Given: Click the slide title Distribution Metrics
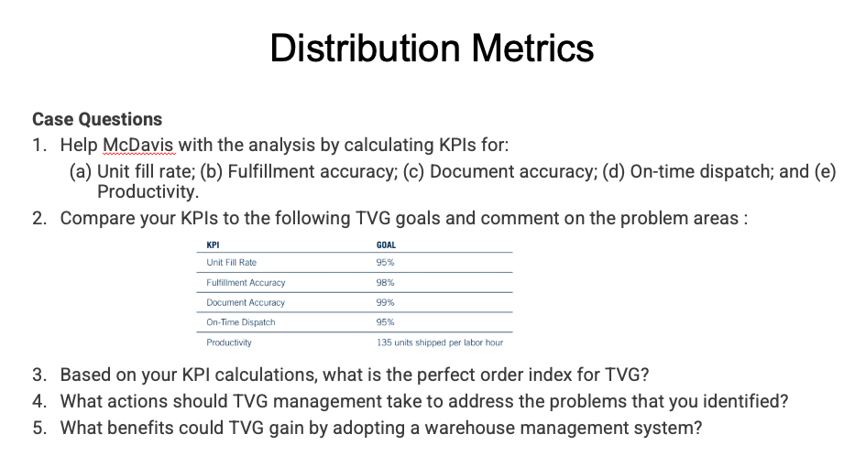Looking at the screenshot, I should pos(432,48).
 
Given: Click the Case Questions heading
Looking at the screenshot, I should pos(97,119).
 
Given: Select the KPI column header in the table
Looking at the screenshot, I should pos(213,244).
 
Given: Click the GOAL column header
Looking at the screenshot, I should pos(386,244).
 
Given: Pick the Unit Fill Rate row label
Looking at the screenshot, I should pos(232,263).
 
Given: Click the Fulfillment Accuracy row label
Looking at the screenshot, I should pos(246,283).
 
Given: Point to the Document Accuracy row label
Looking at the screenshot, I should pos(246,302).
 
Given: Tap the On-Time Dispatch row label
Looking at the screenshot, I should pos(241,322).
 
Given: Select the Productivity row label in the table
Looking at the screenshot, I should pos(229,342).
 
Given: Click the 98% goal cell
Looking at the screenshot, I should pos(385,283).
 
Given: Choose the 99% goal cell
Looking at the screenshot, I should pos(385,302).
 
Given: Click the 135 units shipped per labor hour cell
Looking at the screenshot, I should pos(439,342).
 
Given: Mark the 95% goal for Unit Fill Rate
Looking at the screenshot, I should pos(385,263).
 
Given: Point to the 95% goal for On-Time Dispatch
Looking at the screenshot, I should pos(385,322).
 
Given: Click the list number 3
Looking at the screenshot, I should pos(38,375).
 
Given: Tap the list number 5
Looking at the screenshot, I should pos(38,428).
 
